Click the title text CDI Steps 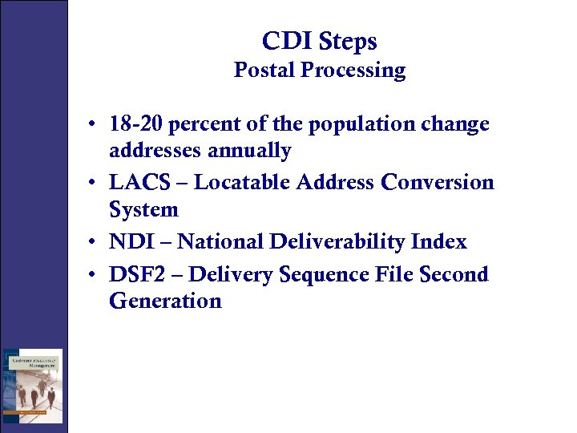coord(319,42)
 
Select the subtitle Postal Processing coord(319,71)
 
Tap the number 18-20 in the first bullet coord(136,125)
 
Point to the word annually coord(252,151)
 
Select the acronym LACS coord(139,183)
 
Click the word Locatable coord(242,183)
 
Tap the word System coord(143,210)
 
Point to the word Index coord(438,241)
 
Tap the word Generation coord(165,301)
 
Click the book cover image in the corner coord(32,386)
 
